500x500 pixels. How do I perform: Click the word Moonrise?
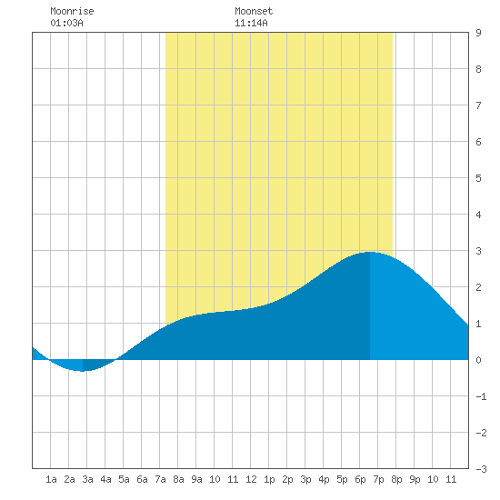72,11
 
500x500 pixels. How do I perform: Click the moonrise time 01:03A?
66,23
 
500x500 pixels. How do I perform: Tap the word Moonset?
254,11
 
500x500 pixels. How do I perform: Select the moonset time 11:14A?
251,23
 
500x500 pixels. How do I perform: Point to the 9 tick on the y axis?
478,33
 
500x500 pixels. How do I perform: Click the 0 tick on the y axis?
478,360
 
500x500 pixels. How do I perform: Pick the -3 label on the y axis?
481,469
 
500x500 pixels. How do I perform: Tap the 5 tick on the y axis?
478,178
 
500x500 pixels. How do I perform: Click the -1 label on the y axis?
481,396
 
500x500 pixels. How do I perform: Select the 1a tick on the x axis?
51,479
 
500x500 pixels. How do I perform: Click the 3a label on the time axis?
87,479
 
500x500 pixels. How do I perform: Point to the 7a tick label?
160,479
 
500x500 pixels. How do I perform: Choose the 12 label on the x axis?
251,479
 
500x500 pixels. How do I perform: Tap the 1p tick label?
269,479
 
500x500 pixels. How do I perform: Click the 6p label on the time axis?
360,479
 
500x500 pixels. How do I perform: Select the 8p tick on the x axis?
396,479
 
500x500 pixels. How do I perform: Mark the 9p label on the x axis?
415,479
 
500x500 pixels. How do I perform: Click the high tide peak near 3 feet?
370,252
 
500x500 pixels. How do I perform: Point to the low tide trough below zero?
83,371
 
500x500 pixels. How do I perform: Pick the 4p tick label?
324,479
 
